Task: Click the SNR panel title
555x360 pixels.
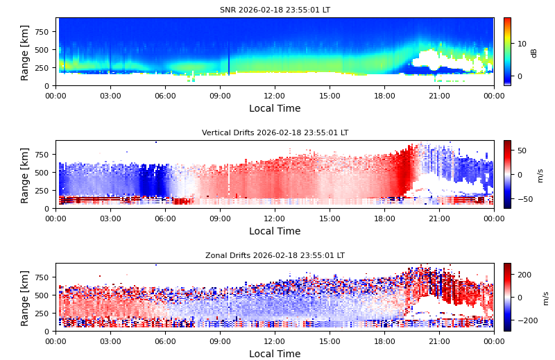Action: click(x=275, y=10)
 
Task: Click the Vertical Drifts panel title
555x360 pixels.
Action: click(x=275, y=133)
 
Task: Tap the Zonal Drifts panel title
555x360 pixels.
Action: click(x=275, y=256)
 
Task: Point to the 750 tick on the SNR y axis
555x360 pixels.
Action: click(x=42, y=32)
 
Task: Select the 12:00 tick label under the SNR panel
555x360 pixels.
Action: click(x=275, y=96)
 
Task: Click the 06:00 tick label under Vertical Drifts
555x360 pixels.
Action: click(x=165, y=218)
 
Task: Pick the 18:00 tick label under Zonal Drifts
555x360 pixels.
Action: click(x=384, y=341)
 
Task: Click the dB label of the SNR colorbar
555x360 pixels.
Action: click(x=534, y=52)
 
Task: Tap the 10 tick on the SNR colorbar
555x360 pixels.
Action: click(x=521, y=44)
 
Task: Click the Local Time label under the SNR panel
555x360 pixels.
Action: click(x=275, y=109)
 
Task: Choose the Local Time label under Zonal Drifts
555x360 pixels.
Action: click(x=275, y=354)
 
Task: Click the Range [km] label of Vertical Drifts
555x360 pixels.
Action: click(x=25, y=175)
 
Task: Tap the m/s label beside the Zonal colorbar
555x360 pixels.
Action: click(x=546, y=298)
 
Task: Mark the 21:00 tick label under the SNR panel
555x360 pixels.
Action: click(x=439, y=96)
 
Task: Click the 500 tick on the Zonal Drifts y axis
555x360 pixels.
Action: click(x=42, y=295)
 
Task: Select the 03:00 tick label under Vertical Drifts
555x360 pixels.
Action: click(x=110, y=218)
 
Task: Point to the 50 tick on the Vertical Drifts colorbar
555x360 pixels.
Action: click(x=521, y=150)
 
